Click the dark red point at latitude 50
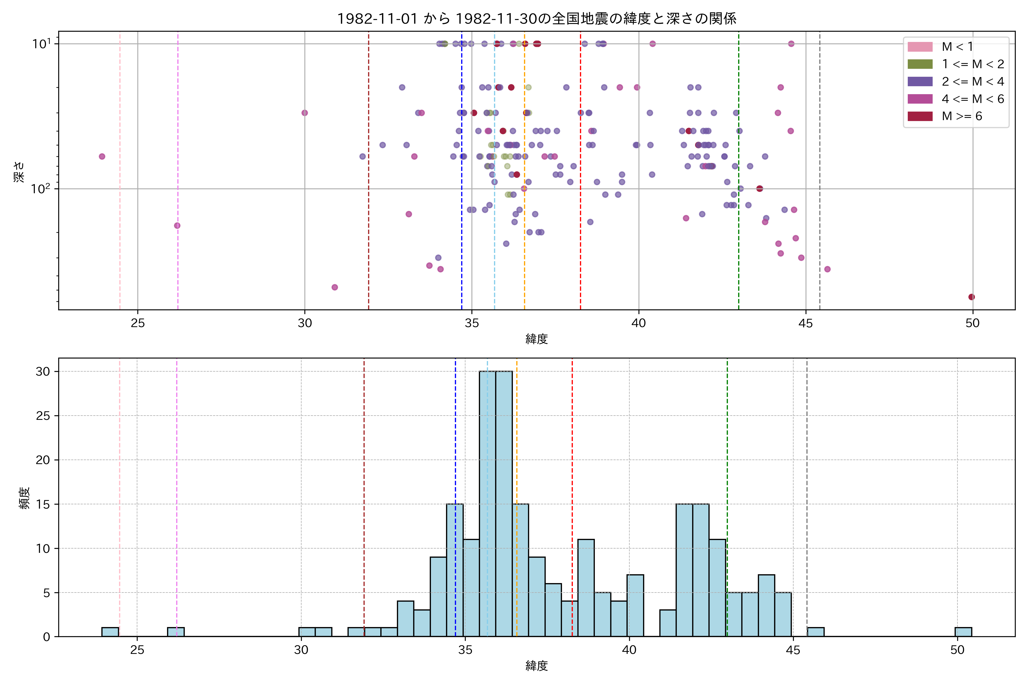971,297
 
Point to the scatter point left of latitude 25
102,156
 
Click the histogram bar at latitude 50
963,632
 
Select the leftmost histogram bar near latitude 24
110,632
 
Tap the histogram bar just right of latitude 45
816,632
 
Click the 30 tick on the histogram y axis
43,372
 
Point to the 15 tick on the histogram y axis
43,504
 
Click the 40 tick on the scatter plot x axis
639,323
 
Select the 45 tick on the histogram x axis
793,650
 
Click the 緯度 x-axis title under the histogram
536,666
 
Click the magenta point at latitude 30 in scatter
305,113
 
